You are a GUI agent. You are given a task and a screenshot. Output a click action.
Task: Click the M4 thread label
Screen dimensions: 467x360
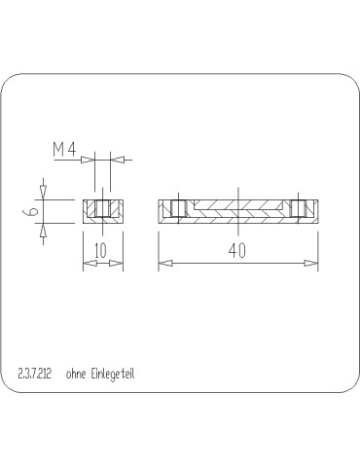(63, 149)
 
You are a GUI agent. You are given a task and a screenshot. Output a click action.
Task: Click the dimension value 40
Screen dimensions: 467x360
(237, 250)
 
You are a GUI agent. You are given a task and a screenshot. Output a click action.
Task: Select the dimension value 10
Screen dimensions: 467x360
(100, 250)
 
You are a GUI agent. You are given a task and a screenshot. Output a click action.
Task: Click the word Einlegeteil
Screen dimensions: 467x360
(115, 373)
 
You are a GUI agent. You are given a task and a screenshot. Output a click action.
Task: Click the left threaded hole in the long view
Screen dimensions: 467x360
(176, 209)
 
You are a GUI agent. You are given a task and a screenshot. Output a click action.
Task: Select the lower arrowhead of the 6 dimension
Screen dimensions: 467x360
(43, 232)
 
